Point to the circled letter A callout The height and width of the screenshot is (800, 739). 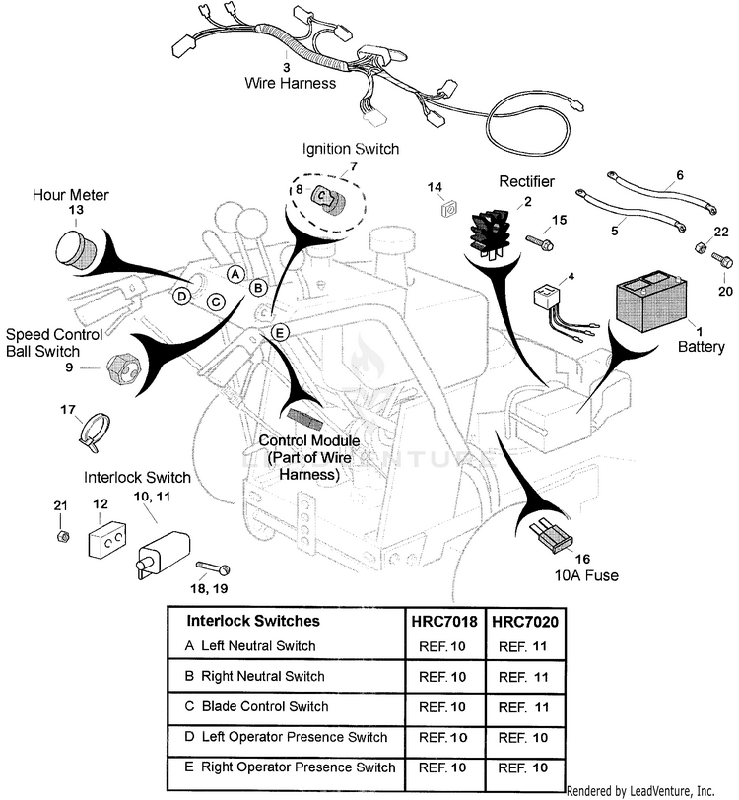click(x=235, y=274)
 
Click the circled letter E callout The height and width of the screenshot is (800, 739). click(x=280, y=332)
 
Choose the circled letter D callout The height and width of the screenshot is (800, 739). click(x=182, y=295)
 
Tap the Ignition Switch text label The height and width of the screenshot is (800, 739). click(x=350, y=149)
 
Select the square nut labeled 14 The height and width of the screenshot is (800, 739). click(x=446, y=208)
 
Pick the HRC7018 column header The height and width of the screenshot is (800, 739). click(x=443, y=622)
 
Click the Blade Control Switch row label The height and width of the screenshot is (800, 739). click(x=264, y=706)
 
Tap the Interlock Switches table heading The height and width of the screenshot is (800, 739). click(x=253, y=621)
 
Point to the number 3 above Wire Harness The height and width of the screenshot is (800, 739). click(x=287, y=67)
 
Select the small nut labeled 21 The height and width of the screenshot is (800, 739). click(x=60, y=535)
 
